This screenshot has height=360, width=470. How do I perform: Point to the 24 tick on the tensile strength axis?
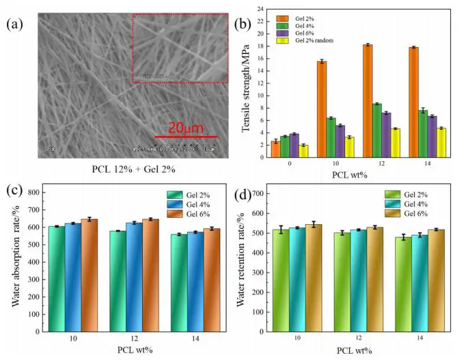click(x=259, y=9)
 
